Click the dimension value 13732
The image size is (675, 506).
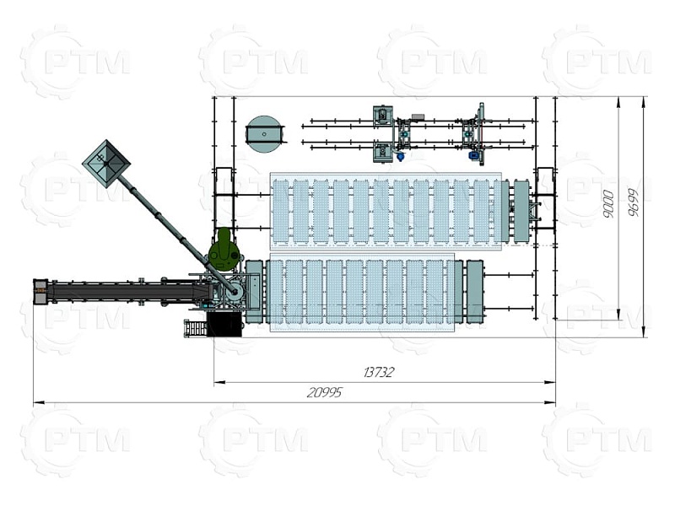[378, 372]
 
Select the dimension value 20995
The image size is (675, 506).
[325, 392]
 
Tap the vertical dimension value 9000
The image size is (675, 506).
[607, 203]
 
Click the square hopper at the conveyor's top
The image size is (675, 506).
[106, 164]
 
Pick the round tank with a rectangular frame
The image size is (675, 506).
[265, 134]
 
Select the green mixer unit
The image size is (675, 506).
[223, 251]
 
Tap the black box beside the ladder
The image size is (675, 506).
[224, 324]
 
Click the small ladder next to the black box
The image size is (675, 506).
[195, 329]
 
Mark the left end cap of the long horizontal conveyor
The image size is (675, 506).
[40, 291]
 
